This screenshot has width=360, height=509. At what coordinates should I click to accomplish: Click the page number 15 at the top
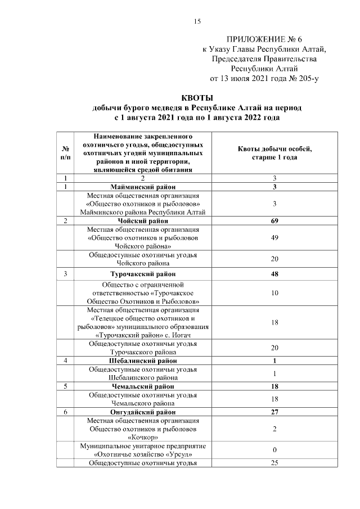[197, 21]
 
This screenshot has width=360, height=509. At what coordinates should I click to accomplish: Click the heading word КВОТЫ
[197, 98]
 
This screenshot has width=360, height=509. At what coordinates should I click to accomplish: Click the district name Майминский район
[143, 187]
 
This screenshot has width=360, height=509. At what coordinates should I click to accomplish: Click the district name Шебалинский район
[143, 361]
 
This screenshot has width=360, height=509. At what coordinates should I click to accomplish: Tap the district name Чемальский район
[143, 386]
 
